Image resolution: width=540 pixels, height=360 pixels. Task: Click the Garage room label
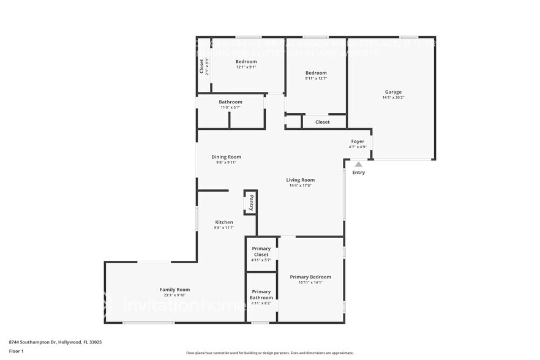pyautogui.click(x=393, y=92)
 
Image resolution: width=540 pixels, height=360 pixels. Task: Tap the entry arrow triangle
pyautogui.click(x=358, y=163)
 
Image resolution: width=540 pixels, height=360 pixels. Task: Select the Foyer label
pyautogui.click(x=358, y=141)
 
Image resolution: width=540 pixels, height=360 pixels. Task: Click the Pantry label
pyautogui.click(x=250, y=202)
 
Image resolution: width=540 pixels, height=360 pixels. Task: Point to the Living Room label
pyautogui.click(x=300, y=180)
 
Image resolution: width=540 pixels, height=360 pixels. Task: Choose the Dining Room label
pyautogui.click(x=226, y=157)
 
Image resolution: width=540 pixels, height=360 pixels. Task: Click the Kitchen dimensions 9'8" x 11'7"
pyautogui.click(x=224, y=228)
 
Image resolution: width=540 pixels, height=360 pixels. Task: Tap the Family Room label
pyautogui.click(x=174, y=290)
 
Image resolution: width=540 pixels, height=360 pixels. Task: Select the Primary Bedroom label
pyautogui.click(x=310, y=277)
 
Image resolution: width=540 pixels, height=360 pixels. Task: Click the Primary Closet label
pyautogui.click(x=261, y=252)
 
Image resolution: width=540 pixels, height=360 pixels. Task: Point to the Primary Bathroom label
pyautogui.click(x=261, y=294)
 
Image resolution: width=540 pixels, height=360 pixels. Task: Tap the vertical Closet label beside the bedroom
pyautogui.click(x=201, y=66)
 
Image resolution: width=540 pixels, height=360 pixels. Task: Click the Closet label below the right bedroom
pyautogui.click(x=322, y=122)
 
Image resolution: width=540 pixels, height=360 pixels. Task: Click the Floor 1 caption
pyautogui.click(x=16, y=351)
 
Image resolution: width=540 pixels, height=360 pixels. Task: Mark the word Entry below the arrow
pyautogui.click(x=358, y=173)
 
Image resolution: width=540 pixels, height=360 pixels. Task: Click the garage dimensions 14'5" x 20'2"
pyautogui.click(x=393, y=97)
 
